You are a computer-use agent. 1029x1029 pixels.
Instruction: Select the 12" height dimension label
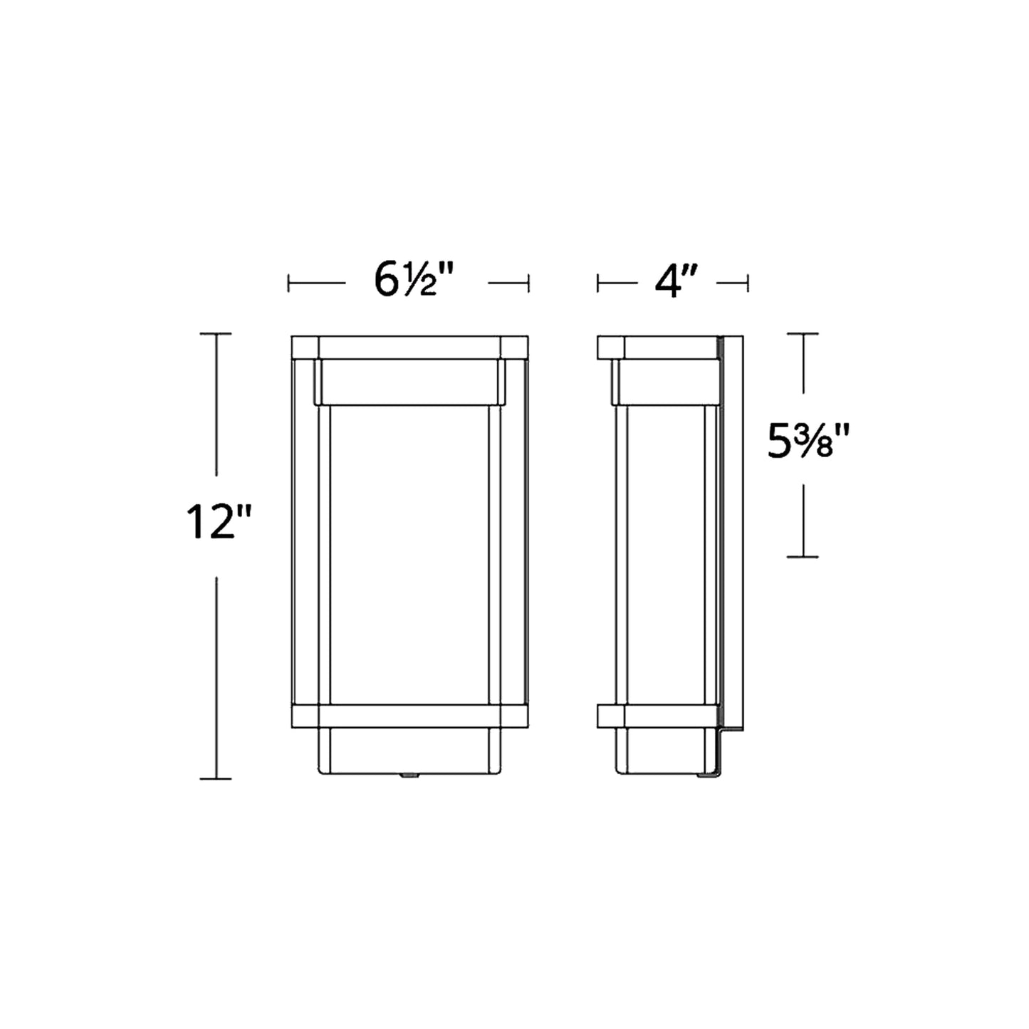216,523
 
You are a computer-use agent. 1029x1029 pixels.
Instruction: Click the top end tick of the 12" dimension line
216,333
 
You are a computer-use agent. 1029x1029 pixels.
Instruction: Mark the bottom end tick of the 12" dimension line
216,778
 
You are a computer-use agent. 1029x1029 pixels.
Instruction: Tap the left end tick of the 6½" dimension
288,283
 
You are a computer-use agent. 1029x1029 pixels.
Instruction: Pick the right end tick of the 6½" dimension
528,283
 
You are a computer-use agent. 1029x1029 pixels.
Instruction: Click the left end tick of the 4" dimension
597,283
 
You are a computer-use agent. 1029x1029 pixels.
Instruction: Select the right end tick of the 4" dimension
748,283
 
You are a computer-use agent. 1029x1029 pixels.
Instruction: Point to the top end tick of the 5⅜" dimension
803,333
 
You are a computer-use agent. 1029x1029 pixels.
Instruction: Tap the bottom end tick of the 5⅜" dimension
803,557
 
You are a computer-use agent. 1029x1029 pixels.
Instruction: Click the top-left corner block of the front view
305,346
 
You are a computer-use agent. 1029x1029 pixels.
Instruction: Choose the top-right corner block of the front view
514,346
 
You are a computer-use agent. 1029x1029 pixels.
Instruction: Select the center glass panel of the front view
409,555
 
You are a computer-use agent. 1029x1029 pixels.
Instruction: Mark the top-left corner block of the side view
611,346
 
